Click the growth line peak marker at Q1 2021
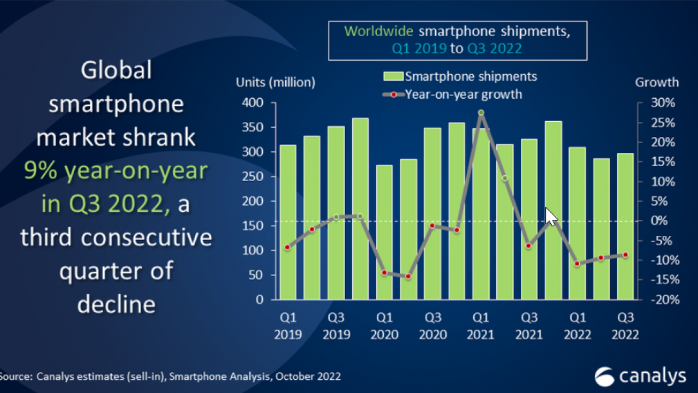click(x=481, y=113)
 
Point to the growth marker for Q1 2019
click(x=287, y=247)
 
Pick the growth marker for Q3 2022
click(x=625, y=255)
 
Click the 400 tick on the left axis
click(x=251, y=103)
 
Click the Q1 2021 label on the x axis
click(x=480, y=325)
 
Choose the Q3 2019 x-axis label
click(x=336, y=325)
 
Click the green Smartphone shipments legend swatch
click(x=394, y=76)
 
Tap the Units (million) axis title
click(x=275, y=82)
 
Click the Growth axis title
click(x=657, y=82)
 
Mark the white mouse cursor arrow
click(x=551, y=216)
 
